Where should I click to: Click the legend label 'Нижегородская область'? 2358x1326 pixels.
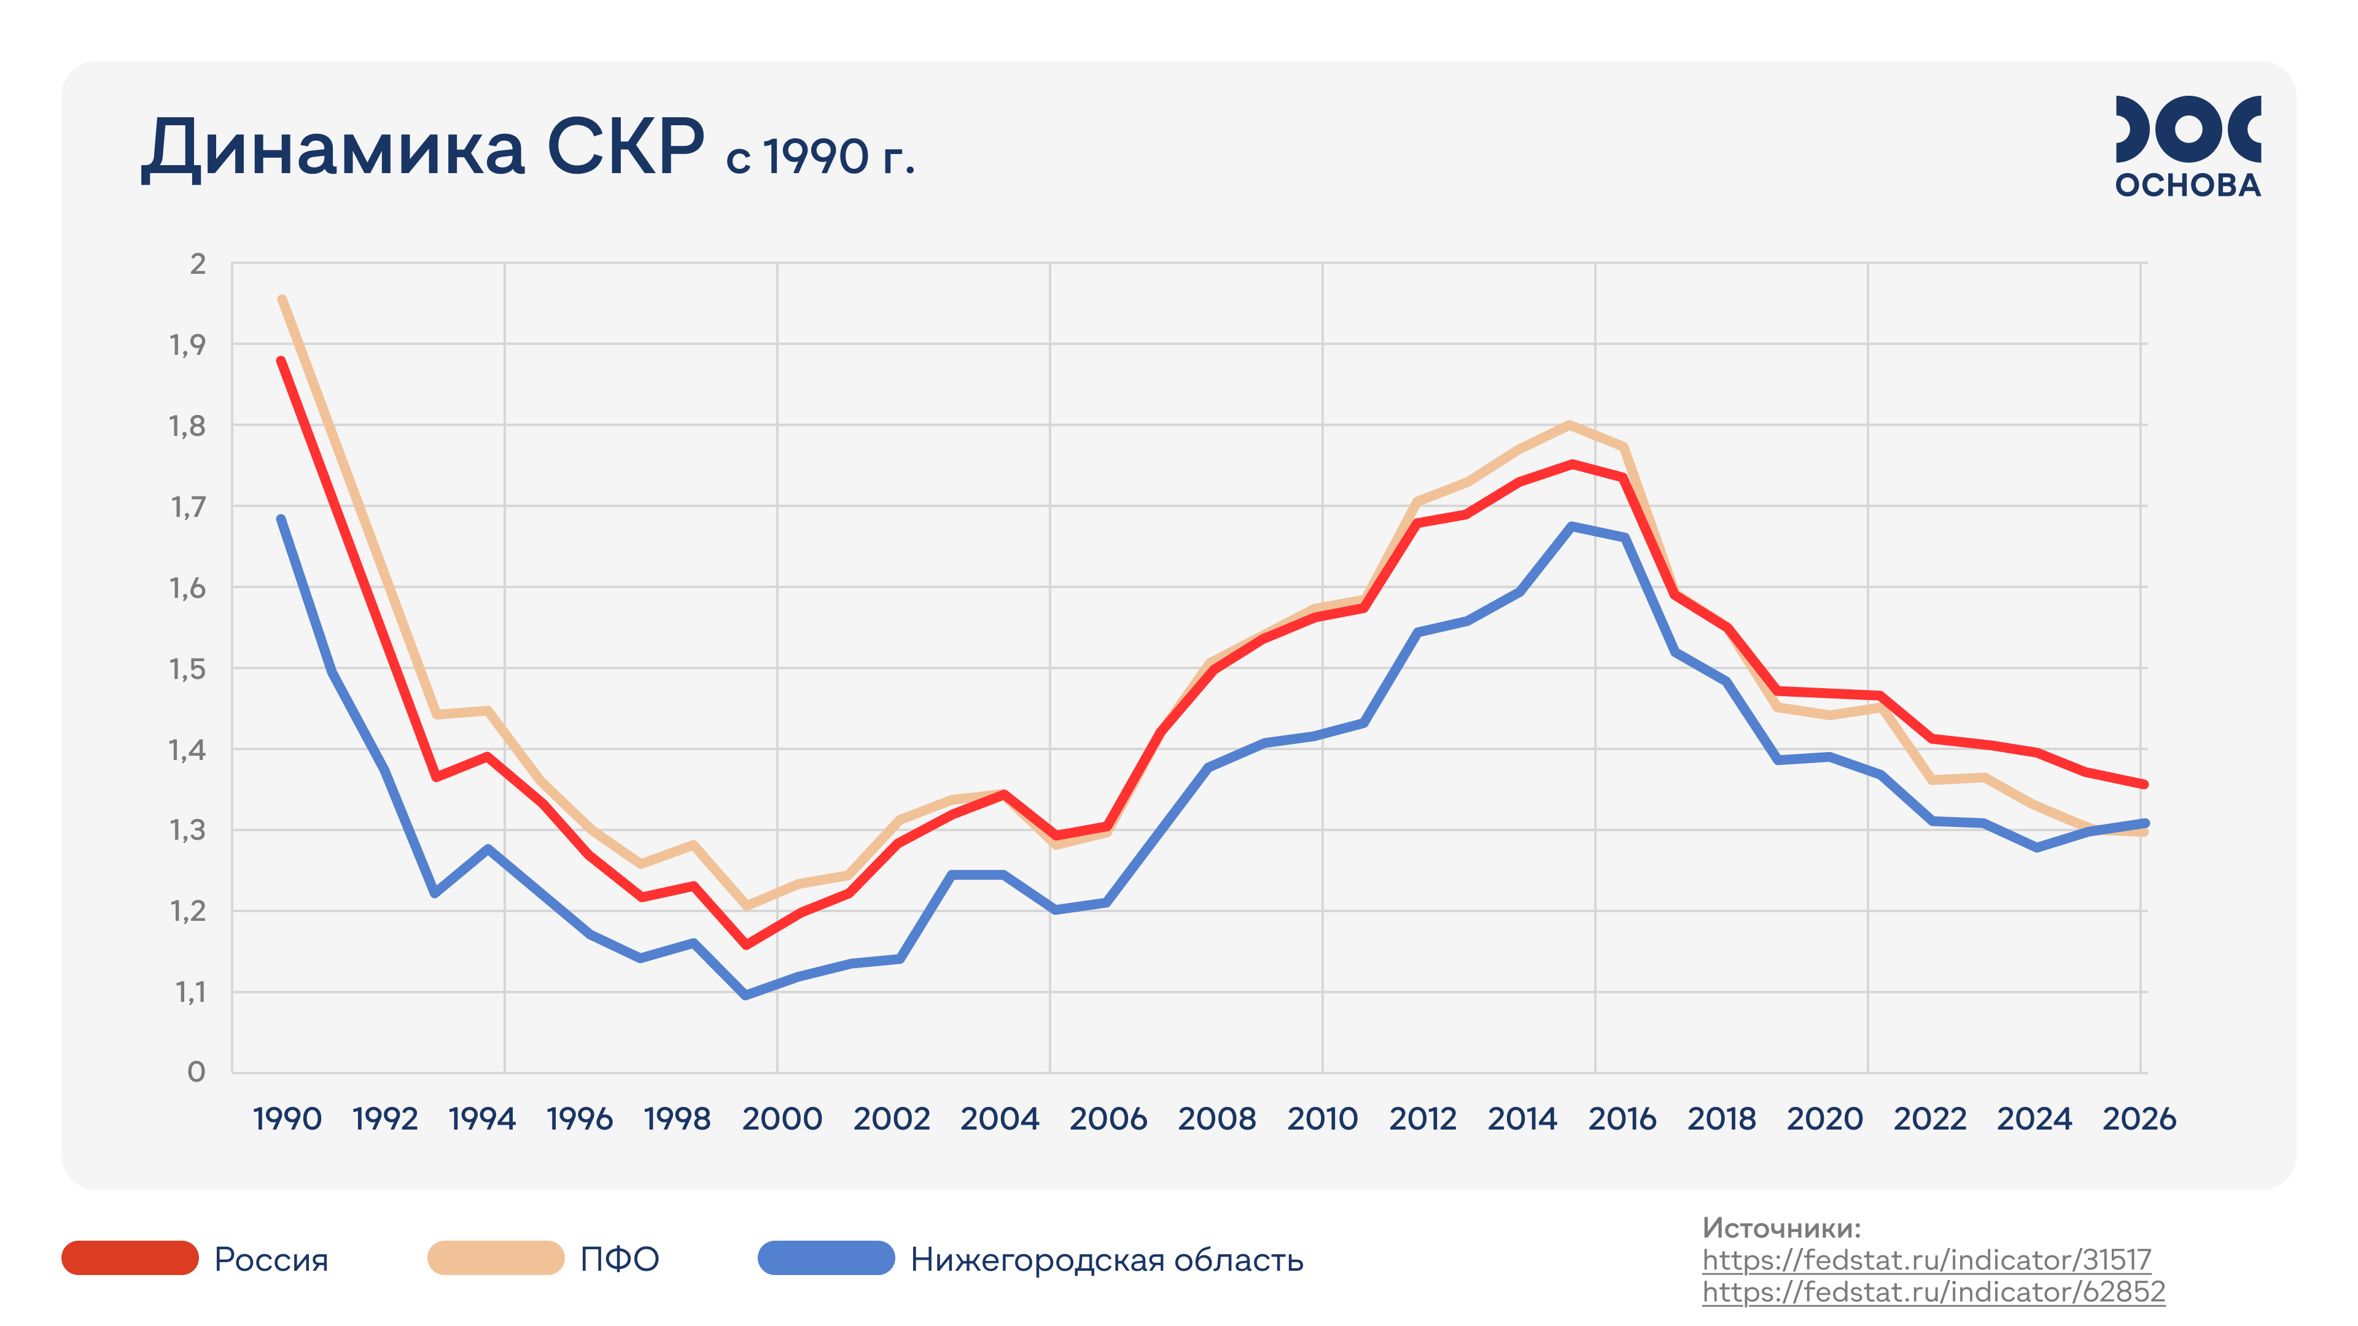1106,1260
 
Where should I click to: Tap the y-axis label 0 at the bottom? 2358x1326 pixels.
196,1072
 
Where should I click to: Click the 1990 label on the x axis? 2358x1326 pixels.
287,1119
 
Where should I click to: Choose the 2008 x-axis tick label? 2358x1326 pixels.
1216,1119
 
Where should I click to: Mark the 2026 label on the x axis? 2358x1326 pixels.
2138,1119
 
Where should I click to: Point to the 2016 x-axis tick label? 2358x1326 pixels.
1622,1119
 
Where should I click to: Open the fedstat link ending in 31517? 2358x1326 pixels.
1926,1260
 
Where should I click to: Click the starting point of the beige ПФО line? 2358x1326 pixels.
282,299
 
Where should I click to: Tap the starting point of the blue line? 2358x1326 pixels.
281,519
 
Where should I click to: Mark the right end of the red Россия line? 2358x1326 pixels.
2144,785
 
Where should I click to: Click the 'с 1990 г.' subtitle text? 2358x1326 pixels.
820,157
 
